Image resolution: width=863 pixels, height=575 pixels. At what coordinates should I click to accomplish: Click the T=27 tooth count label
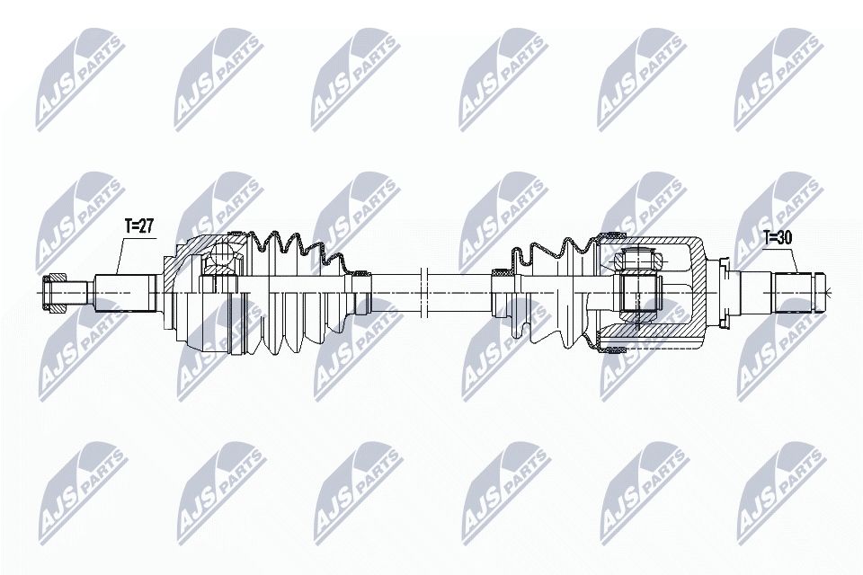(139, 227)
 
